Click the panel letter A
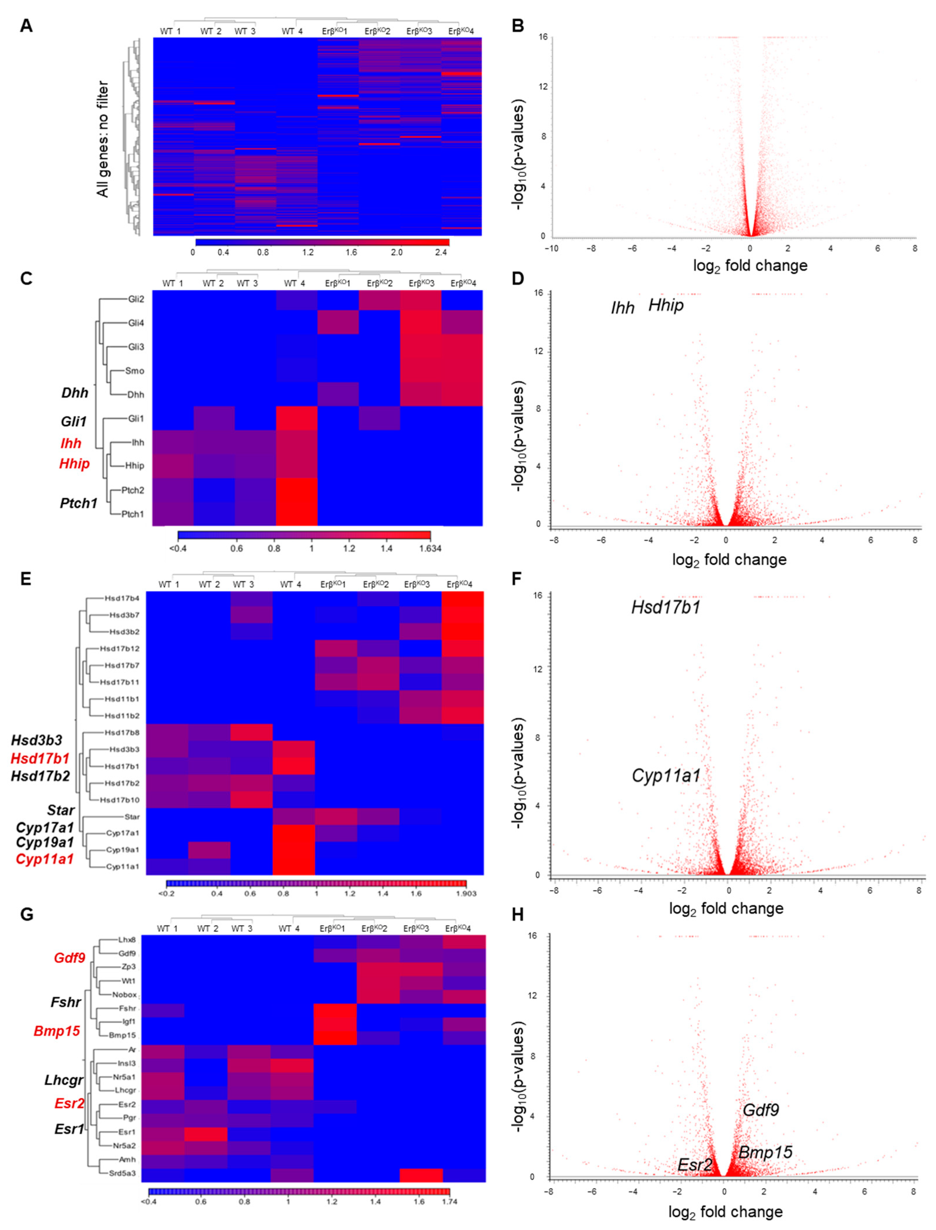tap(26, 26)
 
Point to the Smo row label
tap(135, 371)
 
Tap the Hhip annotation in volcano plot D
tap(666, 305)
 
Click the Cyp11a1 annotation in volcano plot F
tap(666, 775)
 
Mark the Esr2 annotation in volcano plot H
tap(695, 1165)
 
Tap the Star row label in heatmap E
tap(131, 816)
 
